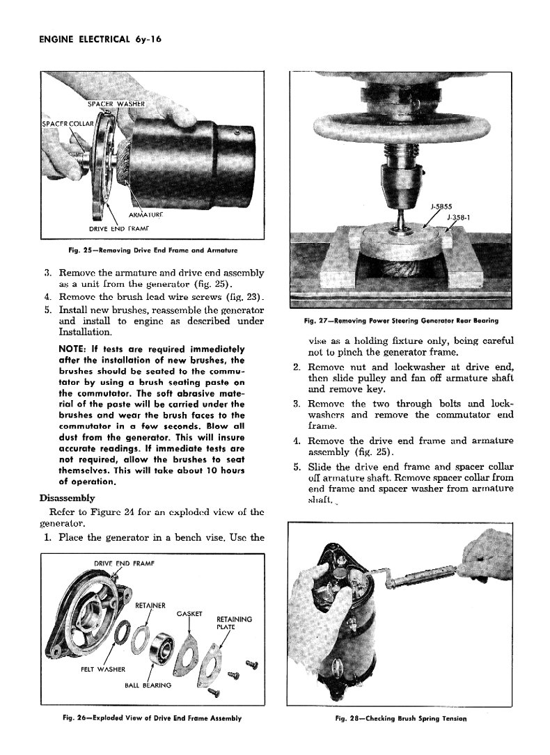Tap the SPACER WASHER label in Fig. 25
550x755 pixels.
[116, 105]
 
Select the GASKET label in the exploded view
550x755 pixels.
[189, 613]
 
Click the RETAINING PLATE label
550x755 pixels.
[235, 622]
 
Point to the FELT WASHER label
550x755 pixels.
[102, 669]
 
